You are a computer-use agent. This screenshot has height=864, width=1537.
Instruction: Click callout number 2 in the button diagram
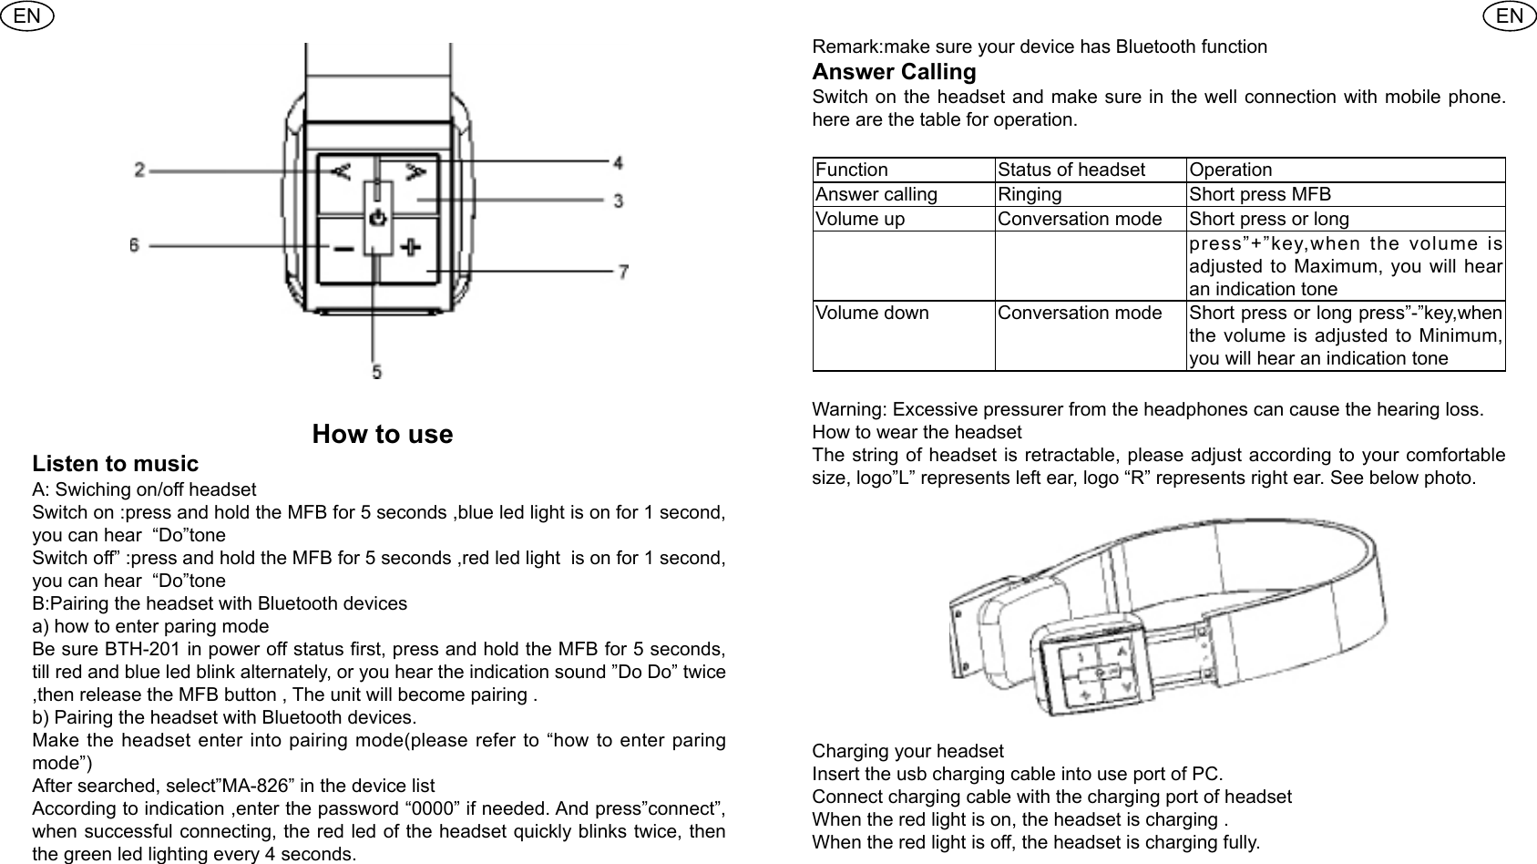[139, 170]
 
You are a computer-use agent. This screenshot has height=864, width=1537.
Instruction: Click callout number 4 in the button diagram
[618, 163]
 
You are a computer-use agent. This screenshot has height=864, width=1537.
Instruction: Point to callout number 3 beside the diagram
[618, 201]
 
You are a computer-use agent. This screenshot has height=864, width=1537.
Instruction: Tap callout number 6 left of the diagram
[134, 245]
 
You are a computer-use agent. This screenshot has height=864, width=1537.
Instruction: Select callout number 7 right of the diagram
[623, 272]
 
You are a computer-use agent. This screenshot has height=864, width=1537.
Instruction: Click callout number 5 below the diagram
[376, 371]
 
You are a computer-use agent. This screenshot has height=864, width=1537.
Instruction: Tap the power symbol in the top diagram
[378, 219]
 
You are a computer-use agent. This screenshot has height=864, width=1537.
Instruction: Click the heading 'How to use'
[382, 434]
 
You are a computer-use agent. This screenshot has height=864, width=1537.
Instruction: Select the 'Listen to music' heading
[115, 464]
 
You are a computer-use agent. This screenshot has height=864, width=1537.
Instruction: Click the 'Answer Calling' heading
[894, 72]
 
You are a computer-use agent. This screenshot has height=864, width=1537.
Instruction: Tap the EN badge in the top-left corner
[27, 15]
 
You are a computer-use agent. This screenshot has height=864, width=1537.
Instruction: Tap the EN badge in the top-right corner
[1509, 15]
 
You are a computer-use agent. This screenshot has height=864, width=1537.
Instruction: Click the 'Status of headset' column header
[1071, 170]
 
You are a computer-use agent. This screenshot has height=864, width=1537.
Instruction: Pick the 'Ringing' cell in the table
[1030, 194]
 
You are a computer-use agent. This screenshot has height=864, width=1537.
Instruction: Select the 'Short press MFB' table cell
[1260, 194]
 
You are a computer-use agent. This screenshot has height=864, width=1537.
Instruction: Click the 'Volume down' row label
[872, 314]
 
